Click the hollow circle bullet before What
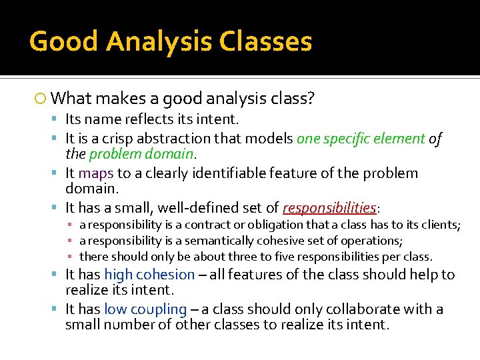tap(41, 99)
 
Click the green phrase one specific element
tap(361, 139)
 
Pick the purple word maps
tap(95, 173)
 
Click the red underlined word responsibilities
tap(329, 208)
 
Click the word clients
tap(441, 225)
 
